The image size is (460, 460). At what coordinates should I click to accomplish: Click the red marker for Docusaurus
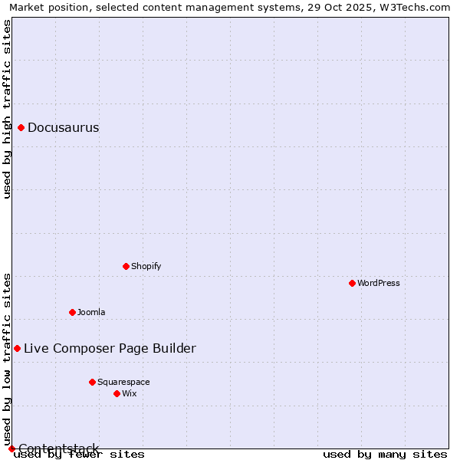point(21,127)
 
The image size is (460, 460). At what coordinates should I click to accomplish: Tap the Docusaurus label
point(63,128)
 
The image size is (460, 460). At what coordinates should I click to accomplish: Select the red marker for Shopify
point(127,266)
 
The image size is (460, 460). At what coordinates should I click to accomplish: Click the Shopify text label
point(146,267)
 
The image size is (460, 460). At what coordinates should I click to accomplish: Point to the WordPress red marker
point(353,283)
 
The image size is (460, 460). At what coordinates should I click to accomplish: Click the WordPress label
point(379,284)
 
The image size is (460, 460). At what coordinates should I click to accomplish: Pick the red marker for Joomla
point(73,312)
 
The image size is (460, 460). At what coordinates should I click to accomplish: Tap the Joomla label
point(91,313)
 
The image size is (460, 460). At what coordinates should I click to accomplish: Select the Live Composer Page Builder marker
point(18,348)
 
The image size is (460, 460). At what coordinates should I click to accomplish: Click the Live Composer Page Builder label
point(110,349)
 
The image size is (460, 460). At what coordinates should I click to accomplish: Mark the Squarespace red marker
point(93,382)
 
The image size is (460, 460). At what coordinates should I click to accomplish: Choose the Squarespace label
point(123,383)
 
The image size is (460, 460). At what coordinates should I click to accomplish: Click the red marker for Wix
point(117,393)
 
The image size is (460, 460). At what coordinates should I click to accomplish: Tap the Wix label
point(130,394)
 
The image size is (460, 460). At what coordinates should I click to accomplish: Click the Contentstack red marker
point(11,449)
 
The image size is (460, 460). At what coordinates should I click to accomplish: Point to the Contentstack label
point(58,449)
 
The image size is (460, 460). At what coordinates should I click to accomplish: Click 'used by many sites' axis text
point(385,455)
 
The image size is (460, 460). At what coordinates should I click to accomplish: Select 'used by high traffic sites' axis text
point(8,109)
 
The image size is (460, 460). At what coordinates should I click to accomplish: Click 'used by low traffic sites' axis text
point(8,359)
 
